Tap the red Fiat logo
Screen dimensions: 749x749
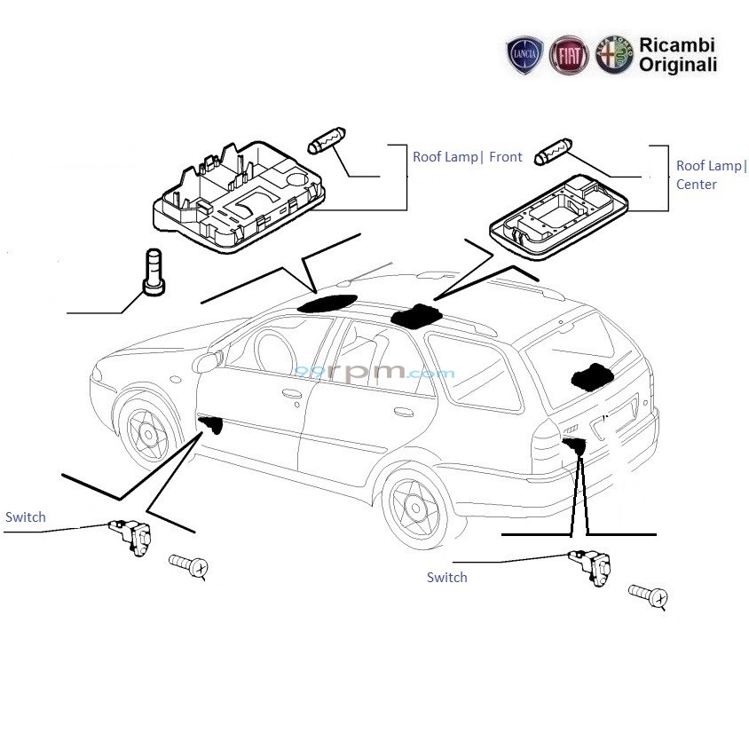point(568,55)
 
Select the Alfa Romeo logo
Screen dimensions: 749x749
point(613,55)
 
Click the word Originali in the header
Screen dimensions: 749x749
point(678,65)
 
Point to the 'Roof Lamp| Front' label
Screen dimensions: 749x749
point(467,157)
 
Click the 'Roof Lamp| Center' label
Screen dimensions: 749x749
point(711,175)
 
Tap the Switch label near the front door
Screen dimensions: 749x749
point(25,517)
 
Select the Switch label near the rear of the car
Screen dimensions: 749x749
point(446,578)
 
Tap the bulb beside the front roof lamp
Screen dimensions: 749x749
point(325,142)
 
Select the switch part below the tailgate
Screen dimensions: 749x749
point(591,565)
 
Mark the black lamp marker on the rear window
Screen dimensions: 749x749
point(593,376)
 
